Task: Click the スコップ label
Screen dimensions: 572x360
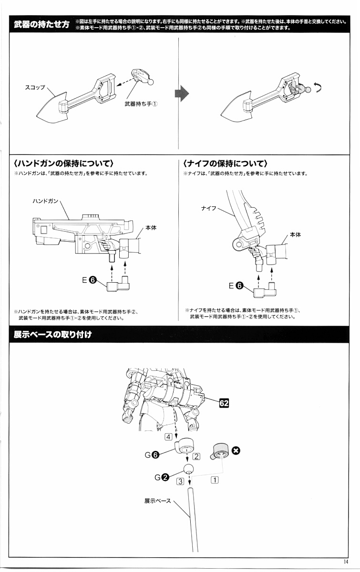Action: coord(34,87)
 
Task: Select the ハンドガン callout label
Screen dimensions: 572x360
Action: coord(45,201)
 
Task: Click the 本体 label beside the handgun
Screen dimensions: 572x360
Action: coord(151,228)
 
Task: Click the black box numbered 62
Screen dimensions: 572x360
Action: coord(224,403)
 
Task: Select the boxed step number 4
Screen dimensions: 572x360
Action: coord(168,437)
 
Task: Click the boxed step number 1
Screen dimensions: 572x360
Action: coord(215,480)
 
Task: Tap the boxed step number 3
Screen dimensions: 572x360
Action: coord(180,481)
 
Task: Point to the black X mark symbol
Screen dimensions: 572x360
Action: coord(235,450)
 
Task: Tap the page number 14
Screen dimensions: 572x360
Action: coord(345,561)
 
